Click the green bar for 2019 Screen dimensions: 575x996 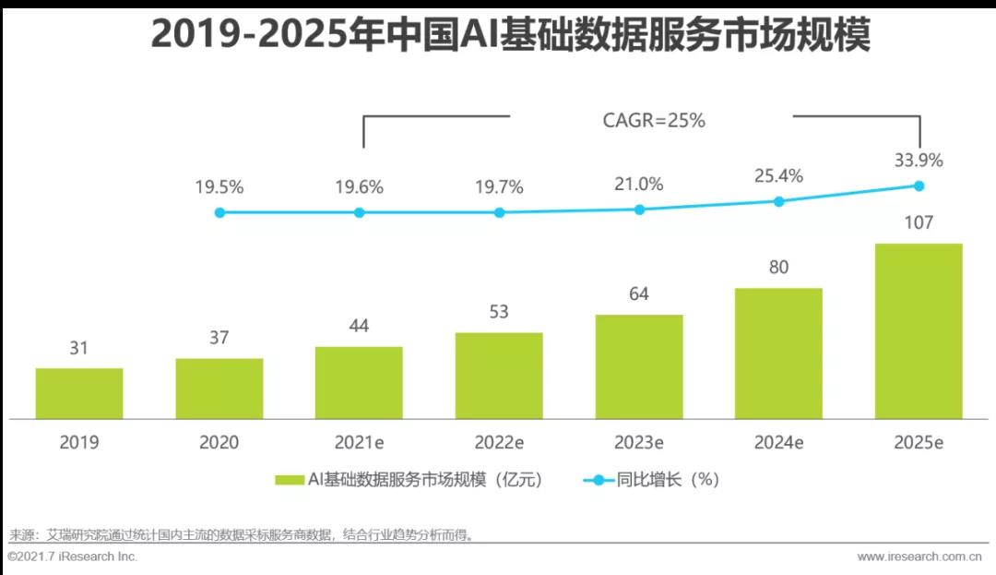(x=79, y=394)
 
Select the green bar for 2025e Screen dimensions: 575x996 (x=919, y=331)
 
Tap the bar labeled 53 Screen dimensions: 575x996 (x=499, y=376)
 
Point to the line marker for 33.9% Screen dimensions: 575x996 (x=919, y=186)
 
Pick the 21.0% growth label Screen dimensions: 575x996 (x=639, y=184)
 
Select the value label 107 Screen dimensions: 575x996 (x=919, y=222)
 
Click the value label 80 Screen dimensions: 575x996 (x=778, y=268)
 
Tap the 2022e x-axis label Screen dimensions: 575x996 (x=499, y=443)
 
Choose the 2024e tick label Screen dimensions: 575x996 (x=778, y=443)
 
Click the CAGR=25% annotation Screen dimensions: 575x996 (x=654, y=120)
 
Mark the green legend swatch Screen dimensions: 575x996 (x=290, y=480)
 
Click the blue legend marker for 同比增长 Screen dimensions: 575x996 (x=598, y=480)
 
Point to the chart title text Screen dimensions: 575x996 (x=510, y=37)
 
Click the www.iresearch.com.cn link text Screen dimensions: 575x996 (x=919, y=557)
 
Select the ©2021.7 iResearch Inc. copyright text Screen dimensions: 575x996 (x=73, y=557)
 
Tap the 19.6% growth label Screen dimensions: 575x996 (x=359, y=187)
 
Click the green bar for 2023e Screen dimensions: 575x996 (x=639, y=367)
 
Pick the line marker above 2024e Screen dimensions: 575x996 (x=778, y=200)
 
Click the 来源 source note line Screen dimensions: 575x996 (x=241, y=535)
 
